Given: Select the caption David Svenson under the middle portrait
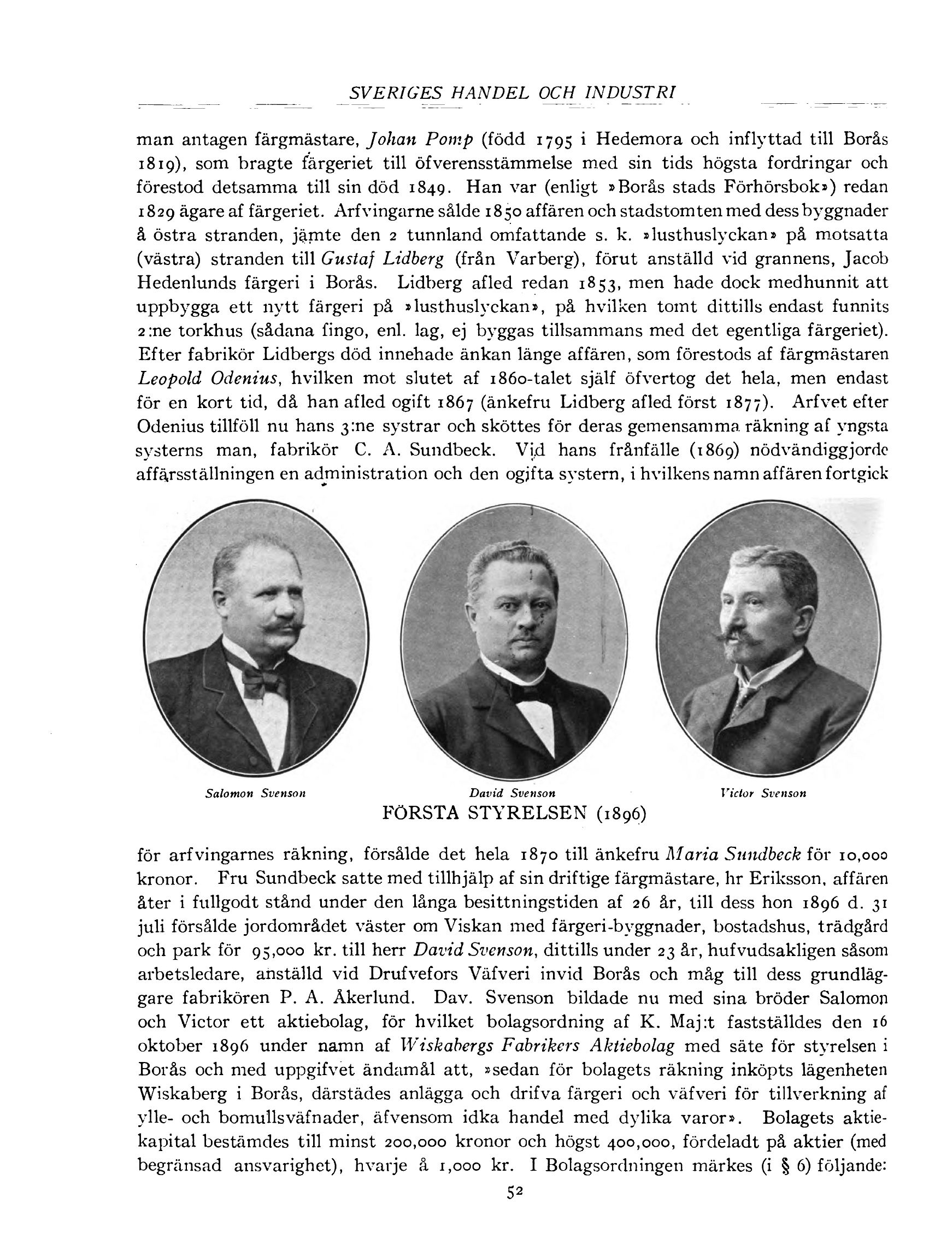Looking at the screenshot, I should [x=511, y=793].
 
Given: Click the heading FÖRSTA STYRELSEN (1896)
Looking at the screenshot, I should [x=514, y=813].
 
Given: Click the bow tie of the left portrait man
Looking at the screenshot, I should [x=263, y=681].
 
